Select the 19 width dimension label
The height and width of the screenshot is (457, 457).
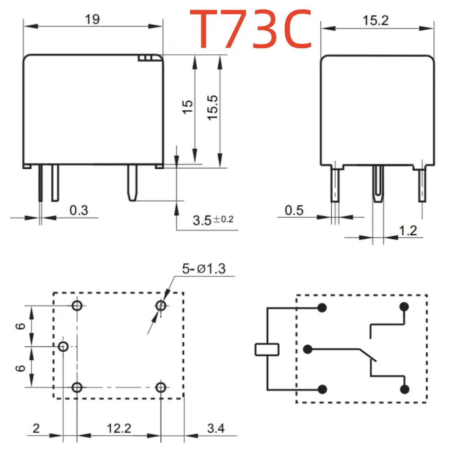[92, 19]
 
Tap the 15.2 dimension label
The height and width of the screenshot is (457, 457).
[375, 21]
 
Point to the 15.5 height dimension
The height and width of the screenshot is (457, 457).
[213, 107]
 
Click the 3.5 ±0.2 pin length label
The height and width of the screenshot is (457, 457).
[213, 220]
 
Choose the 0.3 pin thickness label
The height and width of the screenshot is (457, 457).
[79, 210]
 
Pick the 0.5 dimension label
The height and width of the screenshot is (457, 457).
[294, 210]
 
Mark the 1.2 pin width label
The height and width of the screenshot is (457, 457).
[408, 231]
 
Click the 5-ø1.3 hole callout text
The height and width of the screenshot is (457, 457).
[204, 269]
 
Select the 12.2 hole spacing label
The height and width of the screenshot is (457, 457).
[119, 428]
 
